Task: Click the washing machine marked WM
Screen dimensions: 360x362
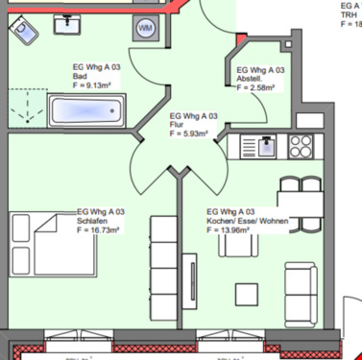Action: [146, 29]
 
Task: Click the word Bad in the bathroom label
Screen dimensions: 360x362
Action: [80, 77]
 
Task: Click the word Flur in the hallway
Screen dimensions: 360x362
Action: [176, 126]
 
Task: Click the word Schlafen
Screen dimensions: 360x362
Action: [92, 222]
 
